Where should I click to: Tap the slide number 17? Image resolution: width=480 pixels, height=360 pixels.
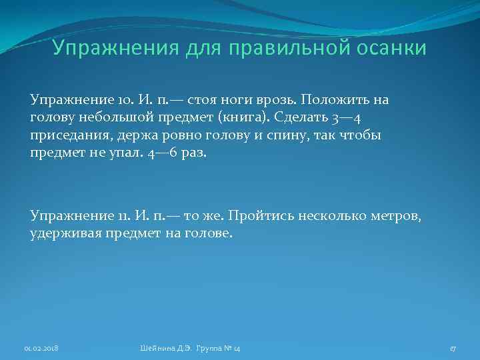coord(452,348)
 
